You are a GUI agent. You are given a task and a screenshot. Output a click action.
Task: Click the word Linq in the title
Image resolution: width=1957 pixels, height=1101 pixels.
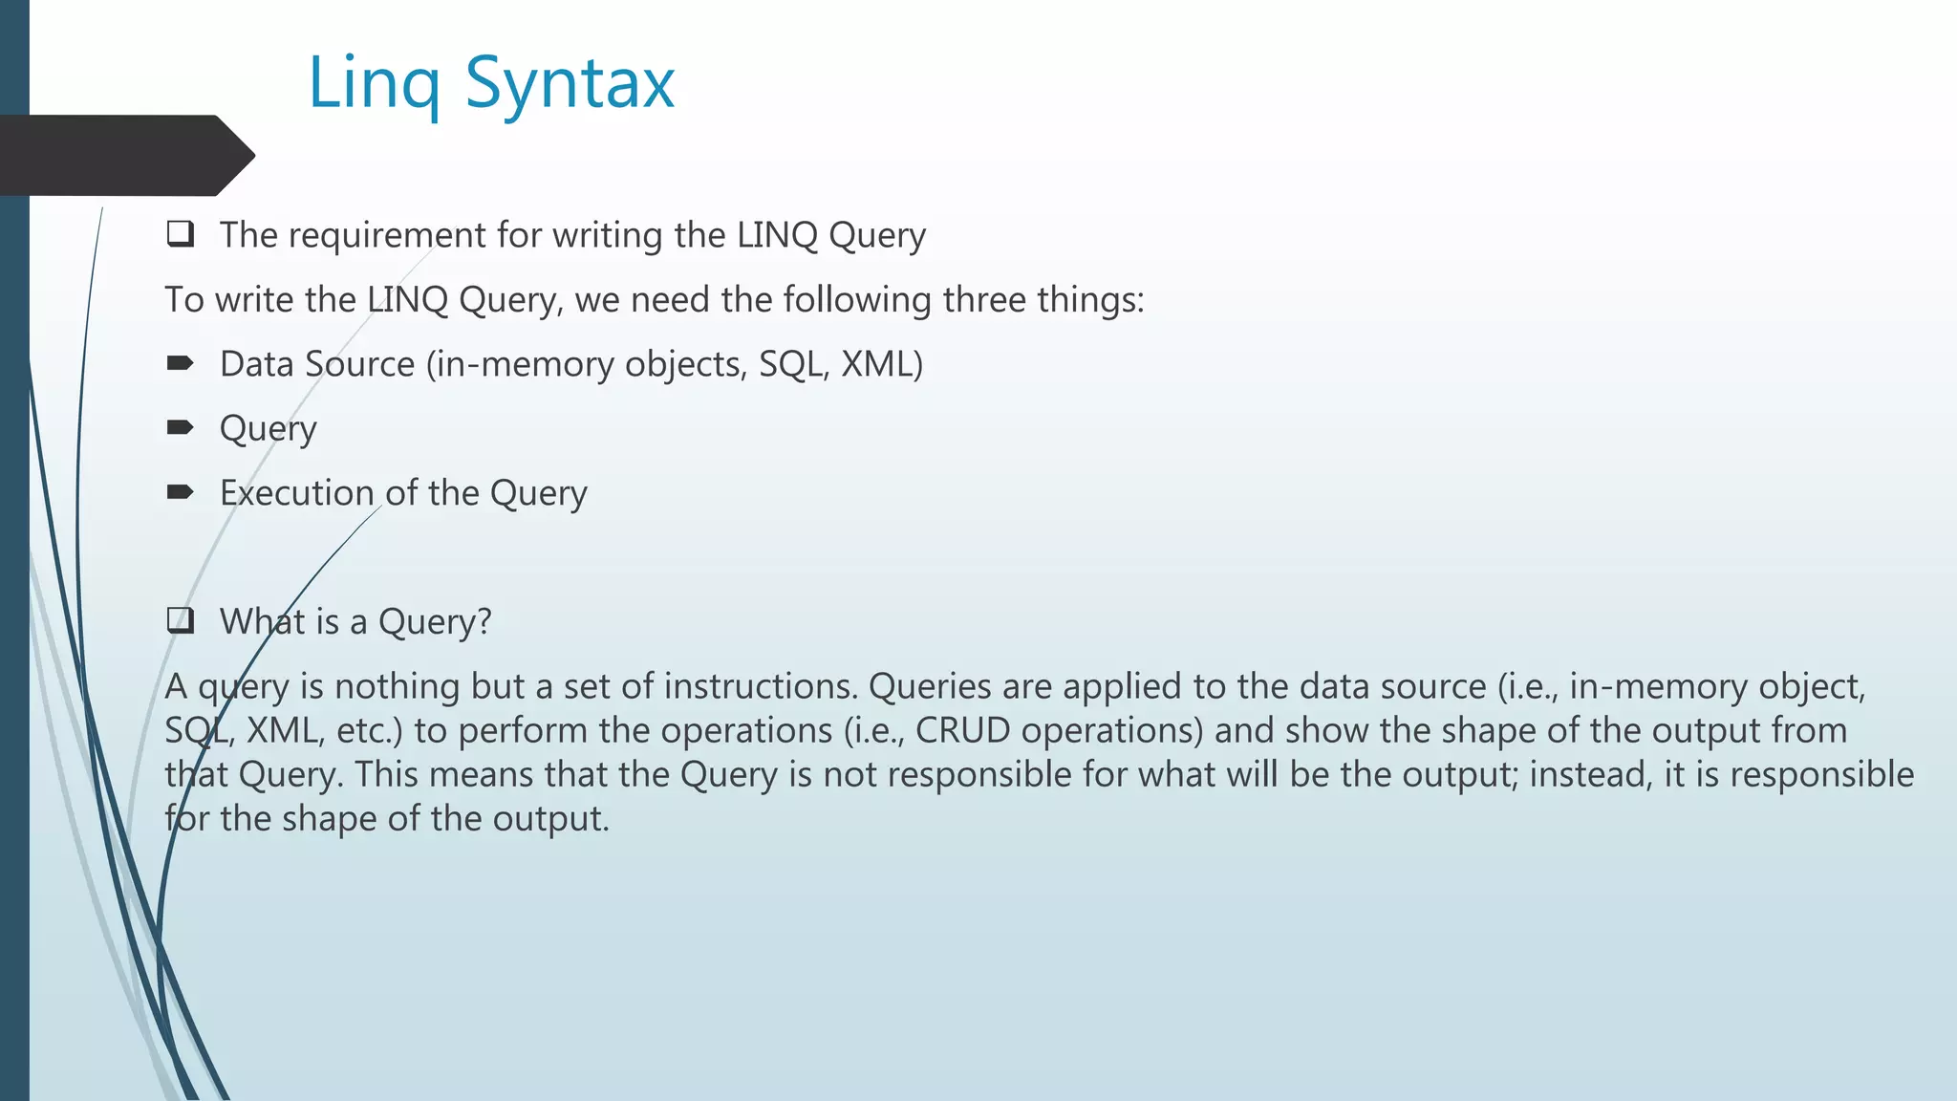point(374,84)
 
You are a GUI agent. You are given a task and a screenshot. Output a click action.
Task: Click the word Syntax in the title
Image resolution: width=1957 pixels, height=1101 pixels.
point(570,84)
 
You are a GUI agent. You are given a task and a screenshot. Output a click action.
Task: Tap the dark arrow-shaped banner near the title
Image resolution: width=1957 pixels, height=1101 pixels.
point(124,155)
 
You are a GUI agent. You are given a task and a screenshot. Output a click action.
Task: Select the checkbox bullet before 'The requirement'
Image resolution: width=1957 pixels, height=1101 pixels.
point(180,234)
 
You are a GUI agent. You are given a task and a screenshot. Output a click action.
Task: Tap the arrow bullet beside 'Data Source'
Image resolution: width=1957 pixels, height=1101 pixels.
point(180,363)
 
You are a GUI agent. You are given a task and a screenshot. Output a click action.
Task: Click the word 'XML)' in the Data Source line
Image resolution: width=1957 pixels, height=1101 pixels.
point(881,364)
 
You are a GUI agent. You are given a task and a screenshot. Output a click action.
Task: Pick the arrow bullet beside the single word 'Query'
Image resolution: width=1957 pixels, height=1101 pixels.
point(180,427)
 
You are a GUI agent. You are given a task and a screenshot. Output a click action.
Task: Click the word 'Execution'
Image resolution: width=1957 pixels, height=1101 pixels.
point(296,493)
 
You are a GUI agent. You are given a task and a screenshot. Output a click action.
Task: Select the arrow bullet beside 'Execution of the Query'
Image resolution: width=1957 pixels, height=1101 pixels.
point(180,492)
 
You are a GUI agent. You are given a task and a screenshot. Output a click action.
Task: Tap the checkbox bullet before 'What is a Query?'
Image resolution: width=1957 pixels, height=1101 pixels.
point(180,621)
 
